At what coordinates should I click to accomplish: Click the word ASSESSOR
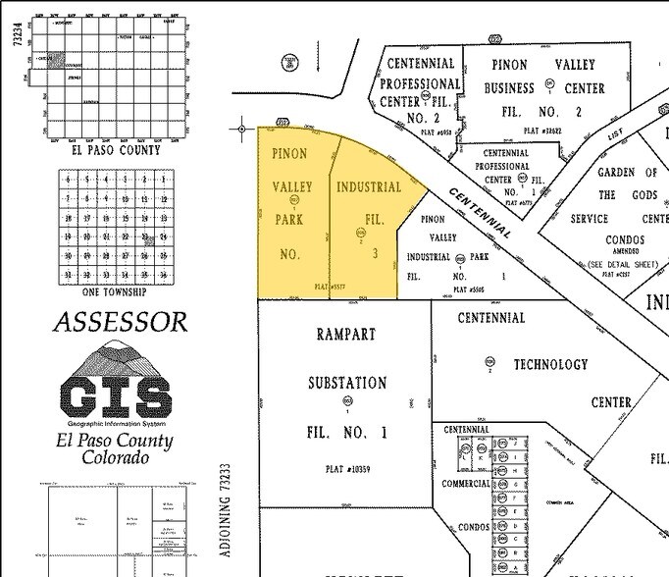pos(120,322)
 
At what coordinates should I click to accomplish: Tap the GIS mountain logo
pos(116,384)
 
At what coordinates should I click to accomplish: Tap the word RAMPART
pos(345,334)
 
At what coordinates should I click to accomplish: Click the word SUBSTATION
pos(347,383)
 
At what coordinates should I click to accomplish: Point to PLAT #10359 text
pos(347,469)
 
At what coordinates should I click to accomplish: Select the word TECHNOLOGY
pos(550,364)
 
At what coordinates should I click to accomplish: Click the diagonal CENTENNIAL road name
pos(481,212)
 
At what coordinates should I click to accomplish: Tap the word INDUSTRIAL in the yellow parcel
pos(369,186)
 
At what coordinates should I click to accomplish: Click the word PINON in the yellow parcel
pos(289,154)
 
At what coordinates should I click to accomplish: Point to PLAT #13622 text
pos(545,130)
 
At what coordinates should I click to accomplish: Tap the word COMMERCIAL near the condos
pos(466,484)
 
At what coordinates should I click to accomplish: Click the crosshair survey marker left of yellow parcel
pos(242,128)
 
